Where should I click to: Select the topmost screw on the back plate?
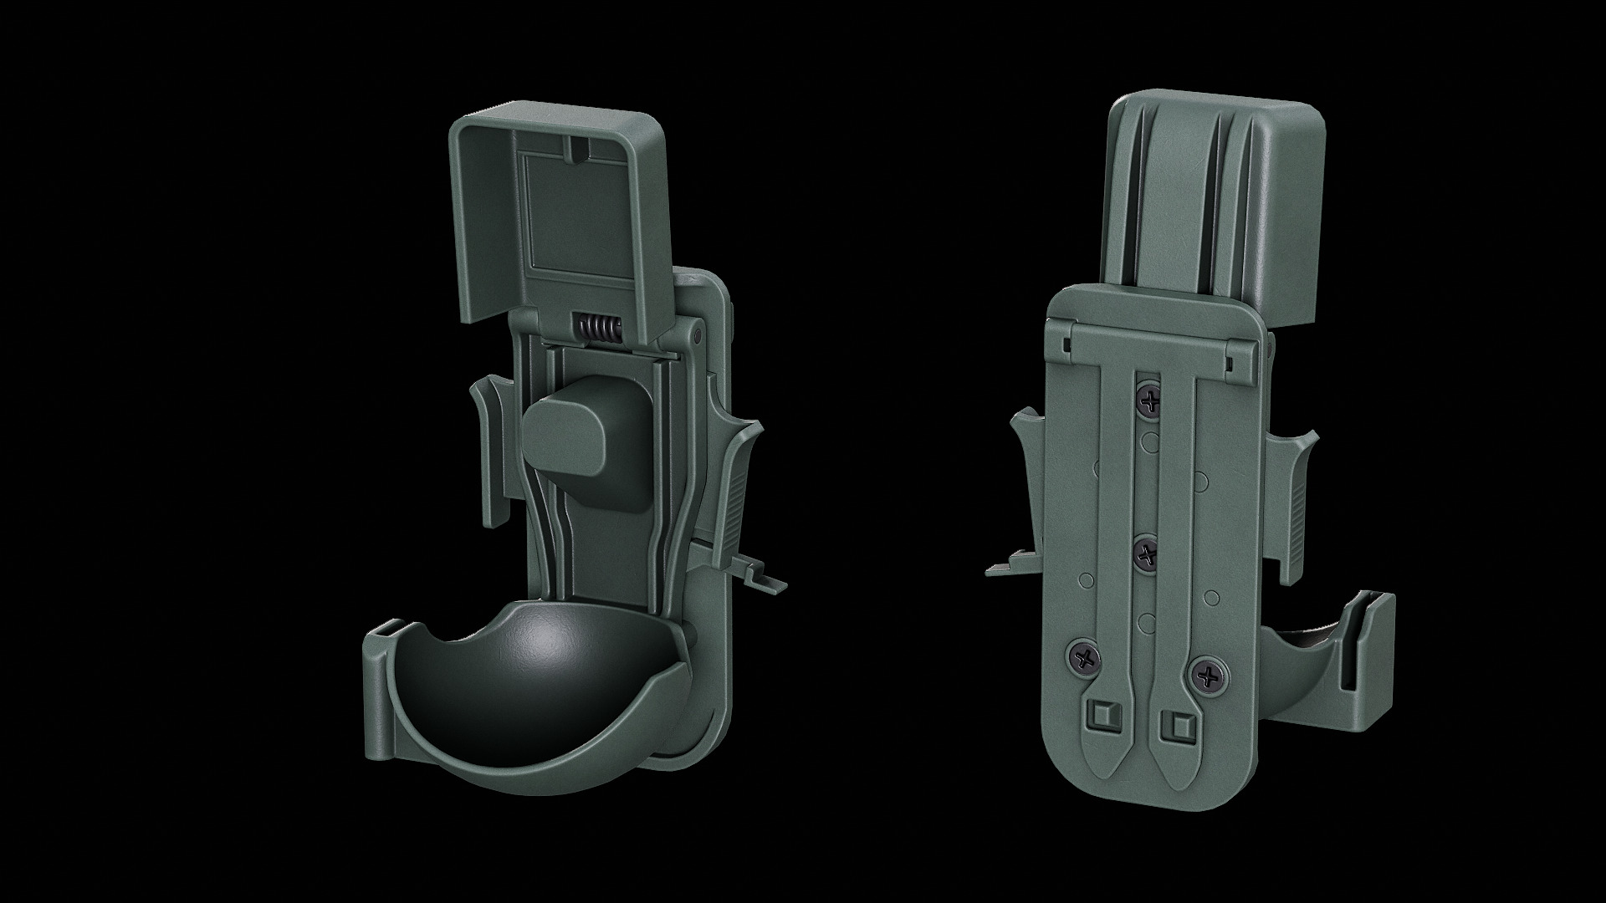pyautogui.click(x=1150, y=401)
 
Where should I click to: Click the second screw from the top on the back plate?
pyautogui.click(x=1145, y=553)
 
